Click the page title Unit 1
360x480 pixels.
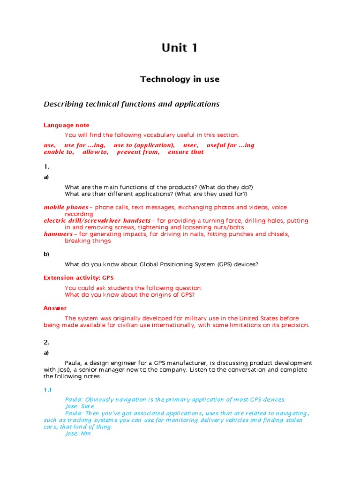[180, 48]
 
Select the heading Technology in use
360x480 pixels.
[180, 79]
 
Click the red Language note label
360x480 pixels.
[66, 125]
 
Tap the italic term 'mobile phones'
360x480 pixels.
[66, 207]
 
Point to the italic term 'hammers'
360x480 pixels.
[58, 234]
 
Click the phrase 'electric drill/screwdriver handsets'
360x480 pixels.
[97, 220]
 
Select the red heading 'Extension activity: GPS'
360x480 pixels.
[79, 278]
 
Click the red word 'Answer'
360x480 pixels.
[55, 308]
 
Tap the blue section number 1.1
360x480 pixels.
[47, 390]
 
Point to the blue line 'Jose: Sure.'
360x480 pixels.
[80, 406]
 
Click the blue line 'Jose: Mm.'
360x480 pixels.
[79, 434]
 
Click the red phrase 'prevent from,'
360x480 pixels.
[138, 152]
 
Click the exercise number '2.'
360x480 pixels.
[46, 342]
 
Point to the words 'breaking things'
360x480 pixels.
[88, 241]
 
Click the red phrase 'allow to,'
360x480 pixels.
[95, 152]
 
